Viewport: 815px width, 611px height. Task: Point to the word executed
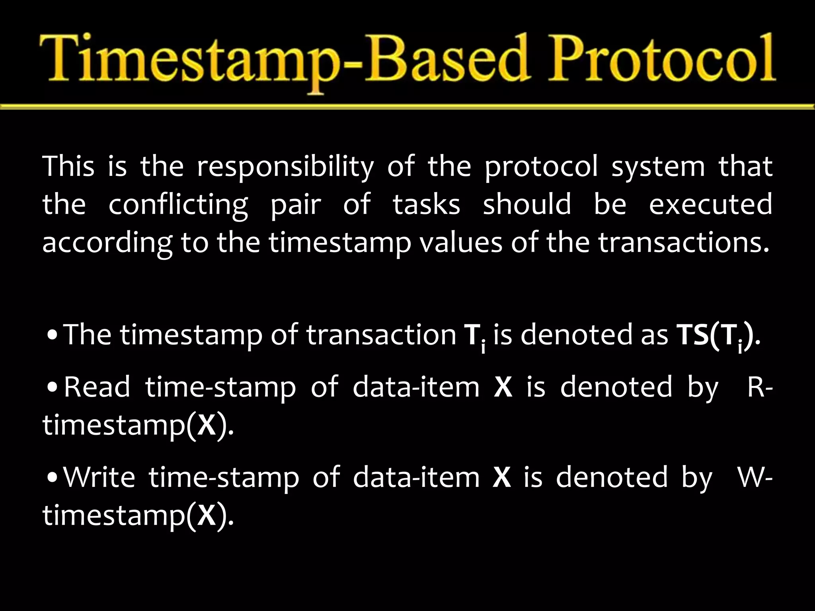(710, 204)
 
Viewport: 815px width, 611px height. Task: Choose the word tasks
(426, 204)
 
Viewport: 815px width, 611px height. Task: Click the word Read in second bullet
(97, 387)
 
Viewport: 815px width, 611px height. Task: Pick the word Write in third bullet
(99, 477)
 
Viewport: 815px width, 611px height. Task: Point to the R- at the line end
(760, 387)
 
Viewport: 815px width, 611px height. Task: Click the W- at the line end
(755, 477)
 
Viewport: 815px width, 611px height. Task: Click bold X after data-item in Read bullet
(503, 387)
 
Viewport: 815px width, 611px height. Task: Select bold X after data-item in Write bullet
(501, 477)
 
